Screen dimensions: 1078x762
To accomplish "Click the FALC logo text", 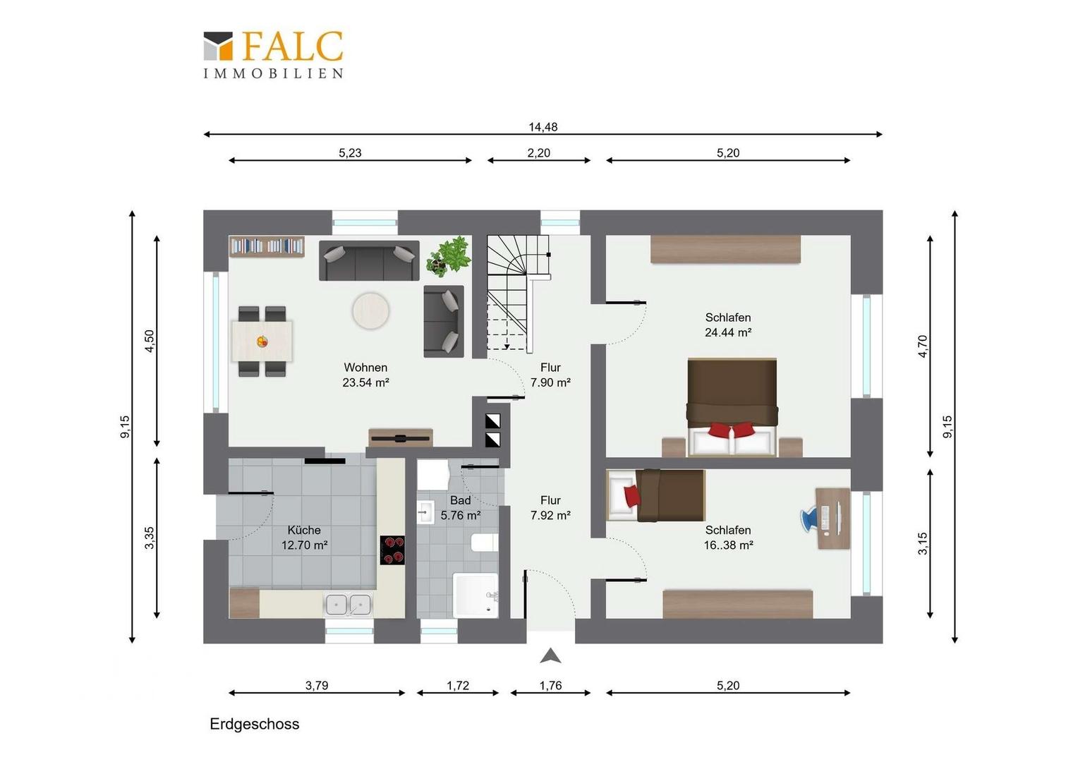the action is click(293, 46).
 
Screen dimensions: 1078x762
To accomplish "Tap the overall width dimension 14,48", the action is click(543, 127).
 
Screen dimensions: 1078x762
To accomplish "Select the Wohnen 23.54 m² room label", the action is click(365, 375).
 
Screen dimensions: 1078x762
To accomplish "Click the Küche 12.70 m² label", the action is click(304, 538).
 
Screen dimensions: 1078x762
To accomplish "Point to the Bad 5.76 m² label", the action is click(461, 508).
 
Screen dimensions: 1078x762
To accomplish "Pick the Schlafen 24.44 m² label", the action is click(728, 325).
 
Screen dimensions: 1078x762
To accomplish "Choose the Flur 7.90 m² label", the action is click(550, 375).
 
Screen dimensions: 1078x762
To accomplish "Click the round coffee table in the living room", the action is click(370, 311).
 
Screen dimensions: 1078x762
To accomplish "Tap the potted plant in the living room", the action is click(449, 256).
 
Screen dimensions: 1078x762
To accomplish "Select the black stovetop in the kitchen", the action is click(392, 550).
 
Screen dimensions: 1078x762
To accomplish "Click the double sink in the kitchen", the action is click(349, 605).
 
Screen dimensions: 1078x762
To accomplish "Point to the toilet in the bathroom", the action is click(485, 543).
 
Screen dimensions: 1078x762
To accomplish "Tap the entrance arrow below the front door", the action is click(550, 655).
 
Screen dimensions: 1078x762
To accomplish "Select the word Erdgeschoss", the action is click(255, 724).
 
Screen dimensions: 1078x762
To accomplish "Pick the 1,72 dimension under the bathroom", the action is click(458, 686).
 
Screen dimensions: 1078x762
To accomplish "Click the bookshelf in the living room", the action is click(267, 246).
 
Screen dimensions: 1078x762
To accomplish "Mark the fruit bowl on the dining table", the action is click(262, 341).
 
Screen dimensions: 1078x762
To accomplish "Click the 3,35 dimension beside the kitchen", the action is click(150, 538).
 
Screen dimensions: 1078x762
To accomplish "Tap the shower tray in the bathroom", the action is click(476, 595).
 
